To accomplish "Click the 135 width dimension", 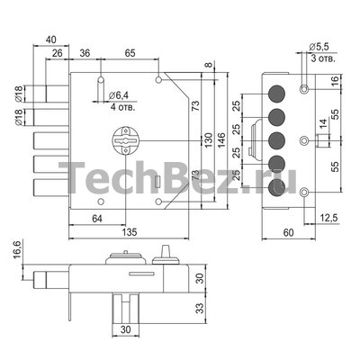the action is point(130,232).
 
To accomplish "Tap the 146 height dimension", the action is point(220,139).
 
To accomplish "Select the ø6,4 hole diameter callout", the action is point(118,95).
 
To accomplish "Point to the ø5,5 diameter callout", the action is point(319,47).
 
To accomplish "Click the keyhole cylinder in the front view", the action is point(126,140).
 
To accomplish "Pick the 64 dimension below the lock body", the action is point(97,219).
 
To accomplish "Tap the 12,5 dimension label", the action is point(328,218).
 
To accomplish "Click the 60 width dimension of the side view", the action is point(288,232).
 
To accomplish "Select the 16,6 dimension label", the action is point(17,249).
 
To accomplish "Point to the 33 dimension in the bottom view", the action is point(200,308).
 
